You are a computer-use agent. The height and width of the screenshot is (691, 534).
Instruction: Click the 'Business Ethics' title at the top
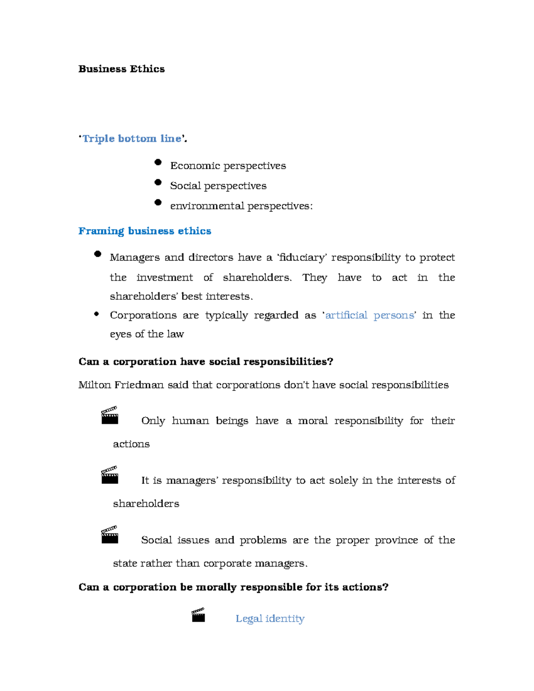[x=121, y=69]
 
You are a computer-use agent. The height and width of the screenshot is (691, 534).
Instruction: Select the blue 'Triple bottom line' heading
[x=132, y=139]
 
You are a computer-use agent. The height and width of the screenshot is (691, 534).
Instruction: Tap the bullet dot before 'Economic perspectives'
[x=158, y=162]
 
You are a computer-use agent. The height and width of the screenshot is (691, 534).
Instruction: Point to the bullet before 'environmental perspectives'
[x=158, y=202]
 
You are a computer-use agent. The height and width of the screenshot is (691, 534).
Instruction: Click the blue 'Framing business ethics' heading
[x=145, y=231]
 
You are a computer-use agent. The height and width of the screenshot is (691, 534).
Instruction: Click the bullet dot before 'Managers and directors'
[x=98, y=254]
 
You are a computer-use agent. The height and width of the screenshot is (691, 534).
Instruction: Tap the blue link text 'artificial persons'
[x=369, y=315]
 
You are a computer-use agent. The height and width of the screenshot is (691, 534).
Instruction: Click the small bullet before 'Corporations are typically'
[x=97, y=314]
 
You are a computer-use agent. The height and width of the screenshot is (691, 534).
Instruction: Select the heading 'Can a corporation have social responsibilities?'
[x=206, y=362]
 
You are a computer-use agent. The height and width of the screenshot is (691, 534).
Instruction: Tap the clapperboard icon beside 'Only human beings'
[x=109, y=415]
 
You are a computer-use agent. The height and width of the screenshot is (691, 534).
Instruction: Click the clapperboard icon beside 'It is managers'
[x=109, y=475]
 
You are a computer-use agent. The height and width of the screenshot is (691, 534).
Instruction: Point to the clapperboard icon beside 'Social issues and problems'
[x=109, y=534]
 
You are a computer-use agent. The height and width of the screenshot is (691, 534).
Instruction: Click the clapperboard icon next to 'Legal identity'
[x=198, y=614]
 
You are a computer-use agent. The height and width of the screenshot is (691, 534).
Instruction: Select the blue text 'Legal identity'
[x=270, y=619]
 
